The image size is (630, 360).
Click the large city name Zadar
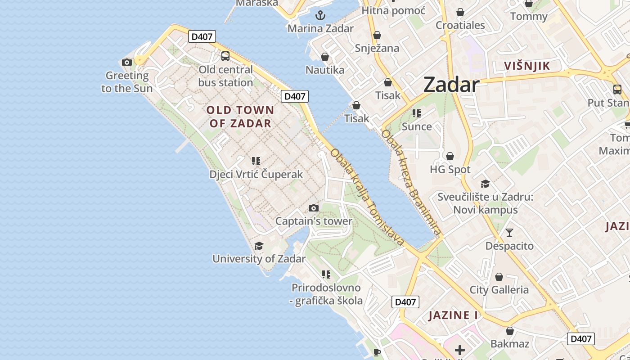pos(451,85)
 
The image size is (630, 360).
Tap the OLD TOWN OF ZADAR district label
pos(240,117)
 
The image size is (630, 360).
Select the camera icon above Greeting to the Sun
pos(127,62)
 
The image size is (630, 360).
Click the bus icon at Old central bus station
pos(225,56)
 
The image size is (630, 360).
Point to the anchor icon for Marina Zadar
pos(320,15)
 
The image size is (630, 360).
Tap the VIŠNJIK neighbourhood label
pos(527,66)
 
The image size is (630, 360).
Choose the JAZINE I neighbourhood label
pos(453,315)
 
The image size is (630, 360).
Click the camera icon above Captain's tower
pos(314,208)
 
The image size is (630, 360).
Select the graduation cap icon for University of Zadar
pos(259,246)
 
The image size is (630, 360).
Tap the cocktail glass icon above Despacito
pos(509,233)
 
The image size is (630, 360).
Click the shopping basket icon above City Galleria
pos(499,277)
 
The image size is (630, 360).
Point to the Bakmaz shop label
pos(510,344)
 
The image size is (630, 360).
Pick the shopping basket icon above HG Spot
pos(450,156)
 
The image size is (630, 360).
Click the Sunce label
pos(417,126)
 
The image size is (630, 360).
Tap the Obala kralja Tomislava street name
pos(367,197)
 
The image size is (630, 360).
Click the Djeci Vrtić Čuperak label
pos(256,174)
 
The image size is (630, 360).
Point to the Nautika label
pos(325,70)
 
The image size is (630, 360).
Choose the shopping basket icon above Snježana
pos(377,35)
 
